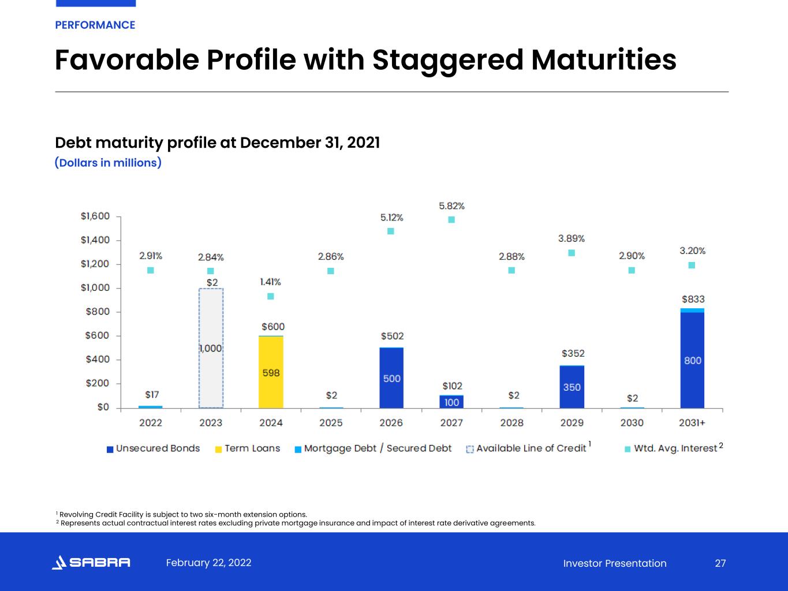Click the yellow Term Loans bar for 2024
[x=271, y=372]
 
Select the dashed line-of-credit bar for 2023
[x=211, y=348]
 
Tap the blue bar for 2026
[x=391, y=378]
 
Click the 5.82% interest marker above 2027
[x=451, y=220]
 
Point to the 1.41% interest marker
[x=271, y=297]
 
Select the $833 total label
[x=693, y=299]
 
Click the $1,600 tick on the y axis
[x=95, y=216]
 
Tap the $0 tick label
[x=103, y=407]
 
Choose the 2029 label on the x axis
[x=572, y=422]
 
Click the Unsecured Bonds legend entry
[x=154, y=448]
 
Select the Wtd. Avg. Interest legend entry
[x=674, y=448]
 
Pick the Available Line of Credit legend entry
[x=528, y=448]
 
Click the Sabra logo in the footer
[x=91, y=562]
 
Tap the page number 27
[x=720, y=563]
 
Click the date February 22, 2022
[x=208, y=563]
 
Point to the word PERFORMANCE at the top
[x=95, y=25]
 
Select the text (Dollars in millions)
[x=108, y=163]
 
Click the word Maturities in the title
[x=603, y=59]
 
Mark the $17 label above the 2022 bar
[x=152, y=395]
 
